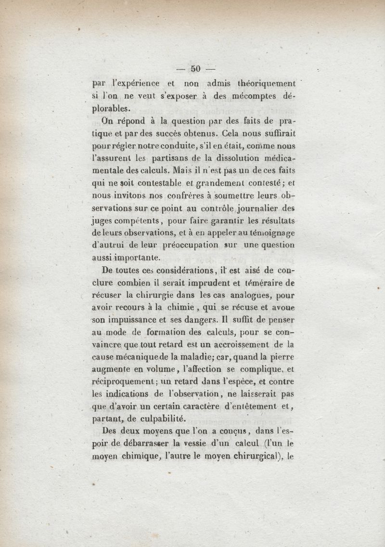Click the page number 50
pyautogui.click(x=195, y=68)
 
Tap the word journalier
pyautogui.click(x=263, y=208)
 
